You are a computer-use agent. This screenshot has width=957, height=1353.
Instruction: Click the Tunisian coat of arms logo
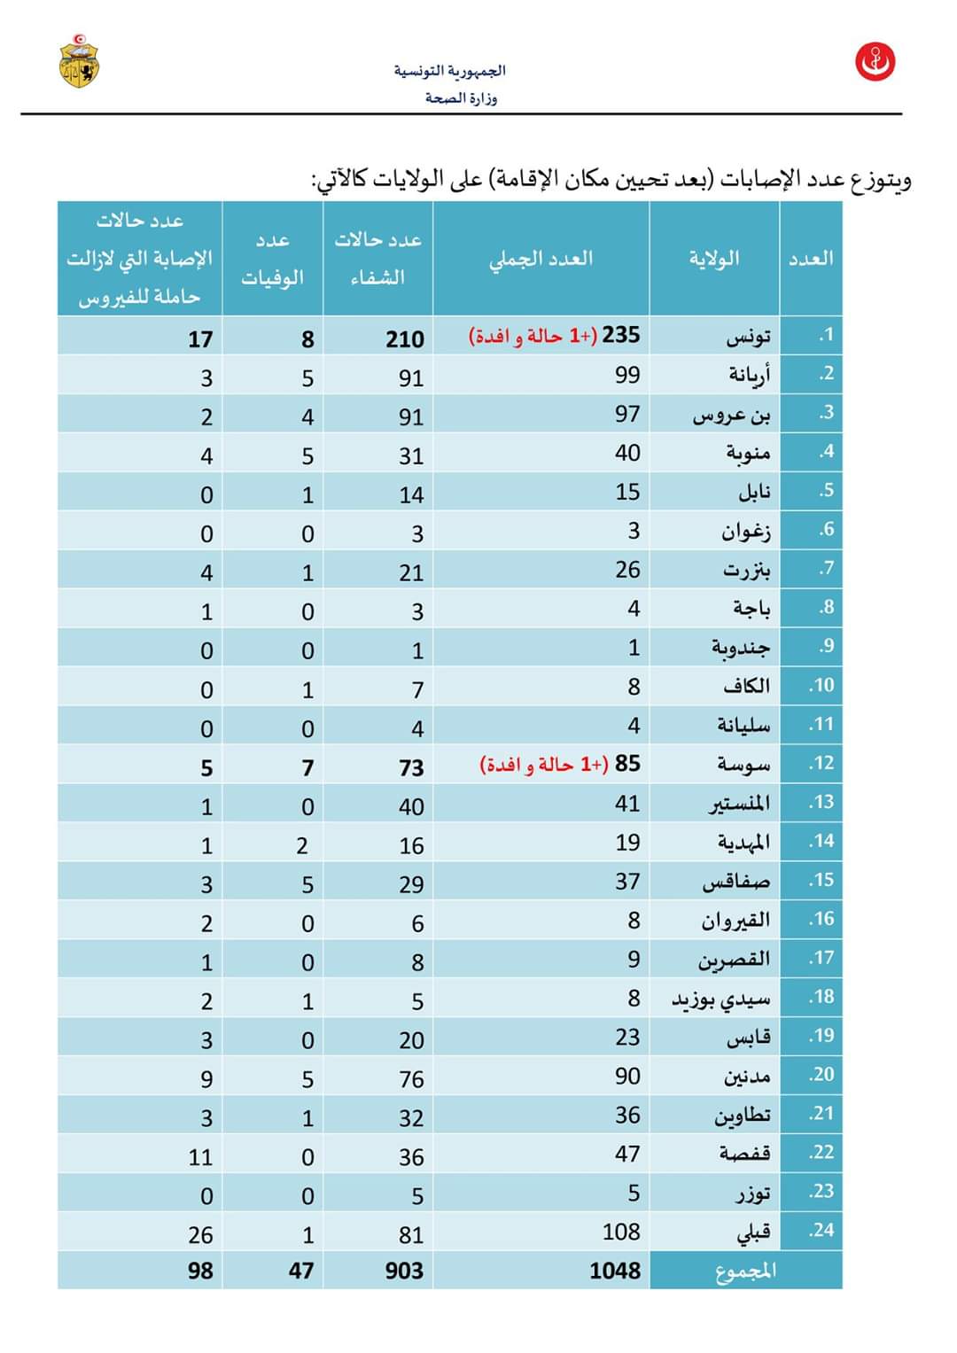[x=79, y=61]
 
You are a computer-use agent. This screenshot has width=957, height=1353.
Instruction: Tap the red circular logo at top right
[x=875, y=62]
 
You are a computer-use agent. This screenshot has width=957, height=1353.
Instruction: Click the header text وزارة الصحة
[x=461, y=97]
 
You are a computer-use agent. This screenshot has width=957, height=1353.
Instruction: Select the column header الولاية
[x=714, y=258]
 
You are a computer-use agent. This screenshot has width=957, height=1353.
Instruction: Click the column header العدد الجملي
[x=541, y=259]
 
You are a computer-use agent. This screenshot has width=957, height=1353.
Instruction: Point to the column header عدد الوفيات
[x=272, y=259]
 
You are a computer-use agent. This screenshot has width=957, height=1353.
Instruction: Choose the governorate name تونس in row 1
[x=748, y=337]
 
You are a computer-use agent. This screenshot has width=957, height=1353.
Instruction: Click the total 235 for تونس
[x=621, y=335]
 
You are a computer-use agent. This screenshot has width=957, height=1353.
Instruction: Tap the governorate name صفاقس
[x=736, y=883]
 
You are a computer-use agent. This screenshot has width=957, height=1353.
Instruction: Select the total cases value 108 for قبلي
[x=621, y=1232]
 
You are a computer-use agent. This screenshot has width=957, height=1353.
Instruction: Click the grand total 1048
[x=615, y=1271]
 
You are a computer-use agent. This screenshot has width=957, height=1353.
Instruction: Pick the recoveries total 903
[x=404, y=1271]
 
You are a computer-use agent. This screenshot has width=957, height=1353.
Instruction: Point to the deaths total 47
[x=301, y=1271]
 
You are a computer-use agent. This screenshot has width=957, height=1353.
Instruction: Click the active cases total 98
[x=200, y=1271]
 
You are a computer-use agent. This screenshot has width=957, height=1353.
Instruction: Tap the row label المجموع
[x=745, y=1271]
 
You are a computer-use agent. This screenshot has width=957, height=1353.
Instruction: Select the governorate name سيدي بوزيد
[x=721, y=999]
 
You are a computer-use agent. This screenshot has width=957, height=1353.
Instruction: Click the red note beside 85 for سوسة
[x=544, y=765]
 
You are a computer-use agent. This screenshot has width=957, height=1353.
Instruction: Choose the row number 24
[x=821, y=1230]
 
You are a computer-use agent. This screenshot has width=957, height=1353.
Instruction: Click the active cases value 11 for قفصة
[x=200, y=1157]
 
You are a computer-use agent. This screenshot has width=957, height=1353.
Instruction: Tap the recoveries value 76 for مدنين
[x=411, y=1079]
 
